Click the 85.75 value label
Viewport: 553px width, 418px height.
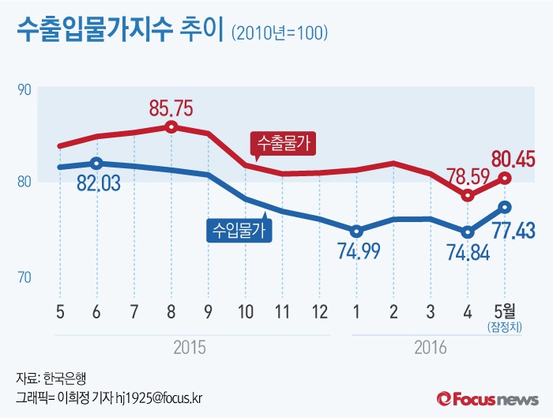click(171, 107)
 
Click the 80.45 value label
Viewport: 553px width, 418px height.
click(510, 159)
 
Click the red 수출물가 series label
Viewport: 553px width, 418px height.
click(283, 143)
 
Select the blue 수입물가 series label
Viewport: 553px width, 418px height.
click(239, 229)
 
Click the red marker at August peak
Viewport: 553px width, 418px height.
click(171, 126)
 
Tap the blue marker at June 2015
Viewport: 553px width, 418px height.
click(96, 164)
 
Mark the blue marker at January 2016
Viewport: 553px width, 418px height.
click(356, 232)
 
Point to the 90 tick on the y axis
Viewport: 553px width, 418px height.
click(24, 89)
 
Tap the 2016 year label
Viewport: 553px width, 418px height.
click(430, 347)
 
